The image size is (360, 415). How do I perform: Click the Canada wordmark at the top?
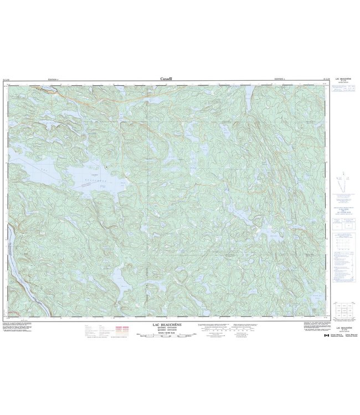pos(166,79)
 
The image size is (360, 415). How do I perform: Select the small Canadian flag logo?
pos(326,335)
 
